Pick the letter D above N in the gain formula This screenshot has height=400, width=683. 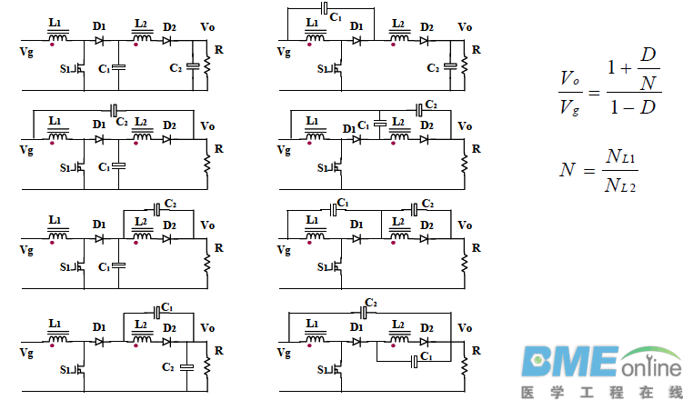(648, 56)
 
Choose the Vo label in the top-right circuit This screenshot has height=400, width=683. (465, 27)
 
